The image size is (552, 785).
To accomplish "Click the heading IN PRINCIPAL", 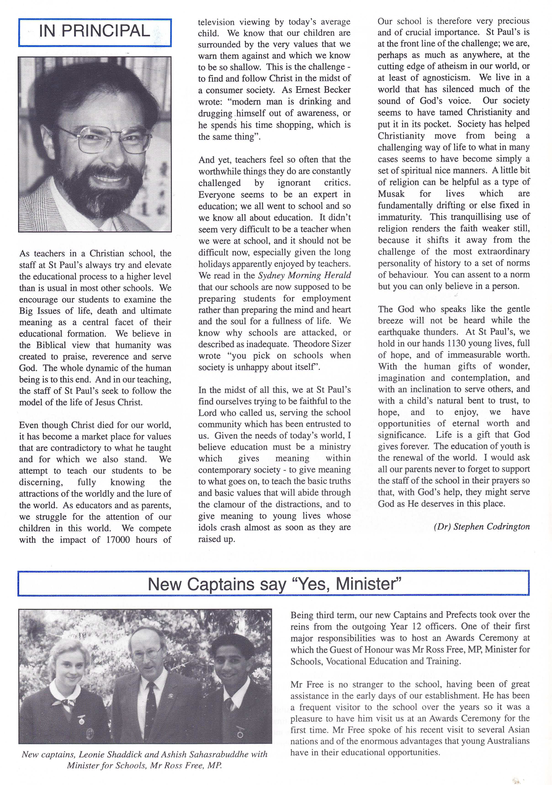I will point(95,31).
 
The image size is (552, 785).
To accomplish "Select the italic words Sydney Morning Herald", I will point(304,275).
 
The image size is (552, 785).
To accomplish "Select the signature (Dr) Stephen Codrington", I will point(482,527).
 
